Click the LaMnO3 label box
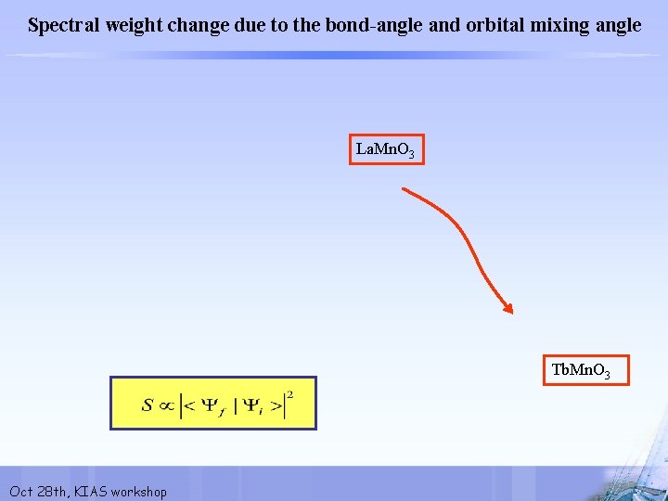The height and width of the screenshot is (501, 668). [386, 149]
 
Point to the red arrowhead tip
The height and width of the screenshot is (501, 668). [511, 312]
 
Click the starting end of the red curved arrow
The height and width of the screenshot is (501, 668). [403, 189]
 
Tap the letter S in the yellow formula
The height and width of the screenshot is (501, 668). [148, 405]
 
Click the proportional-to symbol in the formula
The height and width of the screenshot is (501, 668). [168, 405]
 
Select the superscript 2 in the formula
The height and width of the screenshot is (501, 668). [289, 394]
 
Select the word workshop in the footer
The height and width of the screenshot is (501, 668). [138, 491]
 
